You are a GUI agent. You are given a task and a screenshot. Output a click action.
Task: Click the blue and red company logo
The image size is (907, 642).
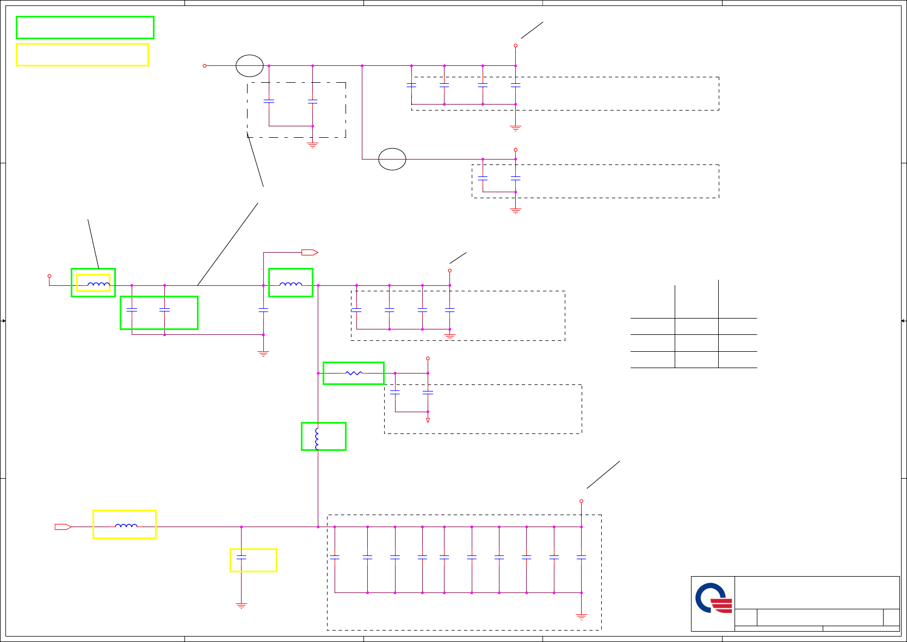click(713, 598)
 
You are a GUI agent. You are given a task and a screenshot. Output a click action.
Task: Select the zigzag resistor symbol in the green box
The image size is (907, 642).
click(354, 373)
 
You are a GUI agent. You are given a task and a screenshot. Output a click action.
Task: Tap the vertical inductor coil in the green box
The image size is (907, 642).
click(317, 438)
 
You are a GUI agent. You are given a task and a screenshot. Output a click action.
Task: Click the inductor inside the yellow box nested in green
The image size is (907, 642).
click(98, 284)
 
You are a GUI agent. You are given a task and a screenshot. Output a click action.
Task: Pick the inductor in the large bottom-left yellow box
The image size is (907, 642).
click(126, 525)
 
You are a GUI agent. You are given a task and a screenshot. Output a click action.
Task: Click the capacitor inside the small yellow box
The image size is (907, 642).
click(242, 557)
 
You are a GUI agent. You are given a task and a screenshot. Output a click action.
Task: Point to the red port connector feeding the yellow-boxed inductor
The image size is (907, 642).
click(63, 527)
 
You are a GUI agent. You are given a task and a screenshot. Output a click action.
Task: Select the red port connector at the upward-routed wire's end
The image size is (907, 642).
click(310, 252)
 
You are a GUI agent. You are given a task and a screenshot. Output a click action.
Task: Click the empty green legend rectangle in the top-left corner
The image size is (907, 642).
click(85, 27)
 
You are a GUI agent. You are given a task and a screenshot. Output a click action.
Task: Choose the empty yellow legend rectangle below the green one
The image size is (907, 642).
click(82, 54)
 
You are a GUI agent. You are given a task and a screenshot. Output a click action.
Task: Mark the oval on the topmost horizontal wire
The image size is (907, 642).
click(250, 66)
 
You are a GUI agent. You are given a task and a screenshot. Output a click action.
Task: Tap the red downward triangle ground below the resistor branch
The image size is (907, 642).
click(428, 420)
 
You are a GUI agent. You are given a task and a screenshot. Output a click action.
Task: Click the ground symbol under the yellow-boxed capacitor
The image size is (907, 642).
click(242, 606)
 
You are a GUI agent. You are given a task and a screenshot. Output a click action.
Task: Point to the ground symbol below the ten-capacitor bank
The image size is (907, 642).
click(582, 617)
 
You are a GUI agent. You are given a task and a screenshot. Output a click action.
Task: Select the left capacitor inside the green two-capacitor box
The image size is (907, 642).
click(132, 309)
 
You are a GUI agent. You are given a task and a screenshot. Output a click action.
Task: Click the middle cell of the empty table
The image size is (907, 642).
click(696, 343)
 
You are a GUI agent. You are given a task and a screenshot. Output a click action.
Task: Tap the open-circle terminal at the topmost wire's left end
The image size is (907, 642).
click(205, 66)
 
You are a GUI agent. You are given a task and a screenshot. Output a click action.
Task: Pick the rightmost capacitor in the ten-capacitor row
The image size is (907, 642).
click(582, 557)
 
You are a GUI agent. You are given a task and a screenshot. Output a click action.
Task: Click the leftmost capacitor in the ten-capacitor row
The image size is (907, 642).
click(335, 557)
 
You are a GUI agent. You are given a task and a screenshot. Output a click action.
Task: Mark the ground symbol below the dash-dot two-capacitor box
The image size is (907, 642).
click(313, 145)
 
